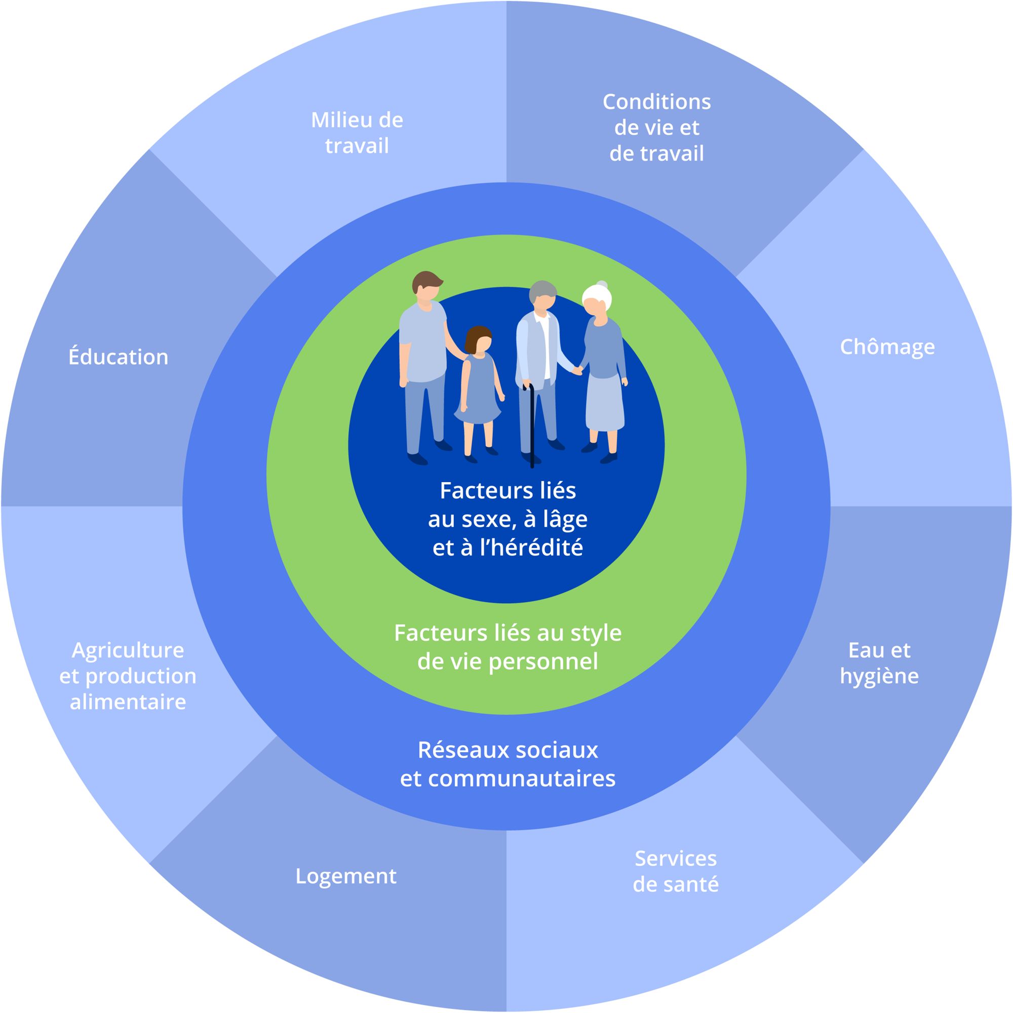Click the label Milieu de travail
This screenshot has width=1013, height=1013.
pyautogui.click(x=357, y=133)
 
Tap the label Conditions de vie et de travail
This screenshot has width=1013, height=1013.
pyautogui.click(x=656, y=128)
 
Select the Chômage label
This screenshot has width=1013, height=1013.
pyautogui.click(x=887, y=347)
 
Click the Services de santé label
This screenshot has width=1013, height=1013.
pyautogui.click(x=675, y=871)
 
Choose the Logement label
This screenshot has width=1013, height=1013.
pyautogui.click(x=346, y=876)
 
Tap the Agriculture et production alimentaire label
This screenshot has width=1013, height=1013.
pyautogui.click(x=128, y=676)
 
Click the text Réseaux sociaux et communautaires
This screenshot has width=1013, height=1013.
pyautogui.click(x=508, y=764)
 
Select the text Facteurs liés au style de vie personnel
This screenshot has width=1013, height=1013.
pyautogui.click(x=508, y=647)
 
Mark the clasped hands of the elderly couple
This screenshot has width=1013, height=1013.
pyautogui.click(x=578, y=370)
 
